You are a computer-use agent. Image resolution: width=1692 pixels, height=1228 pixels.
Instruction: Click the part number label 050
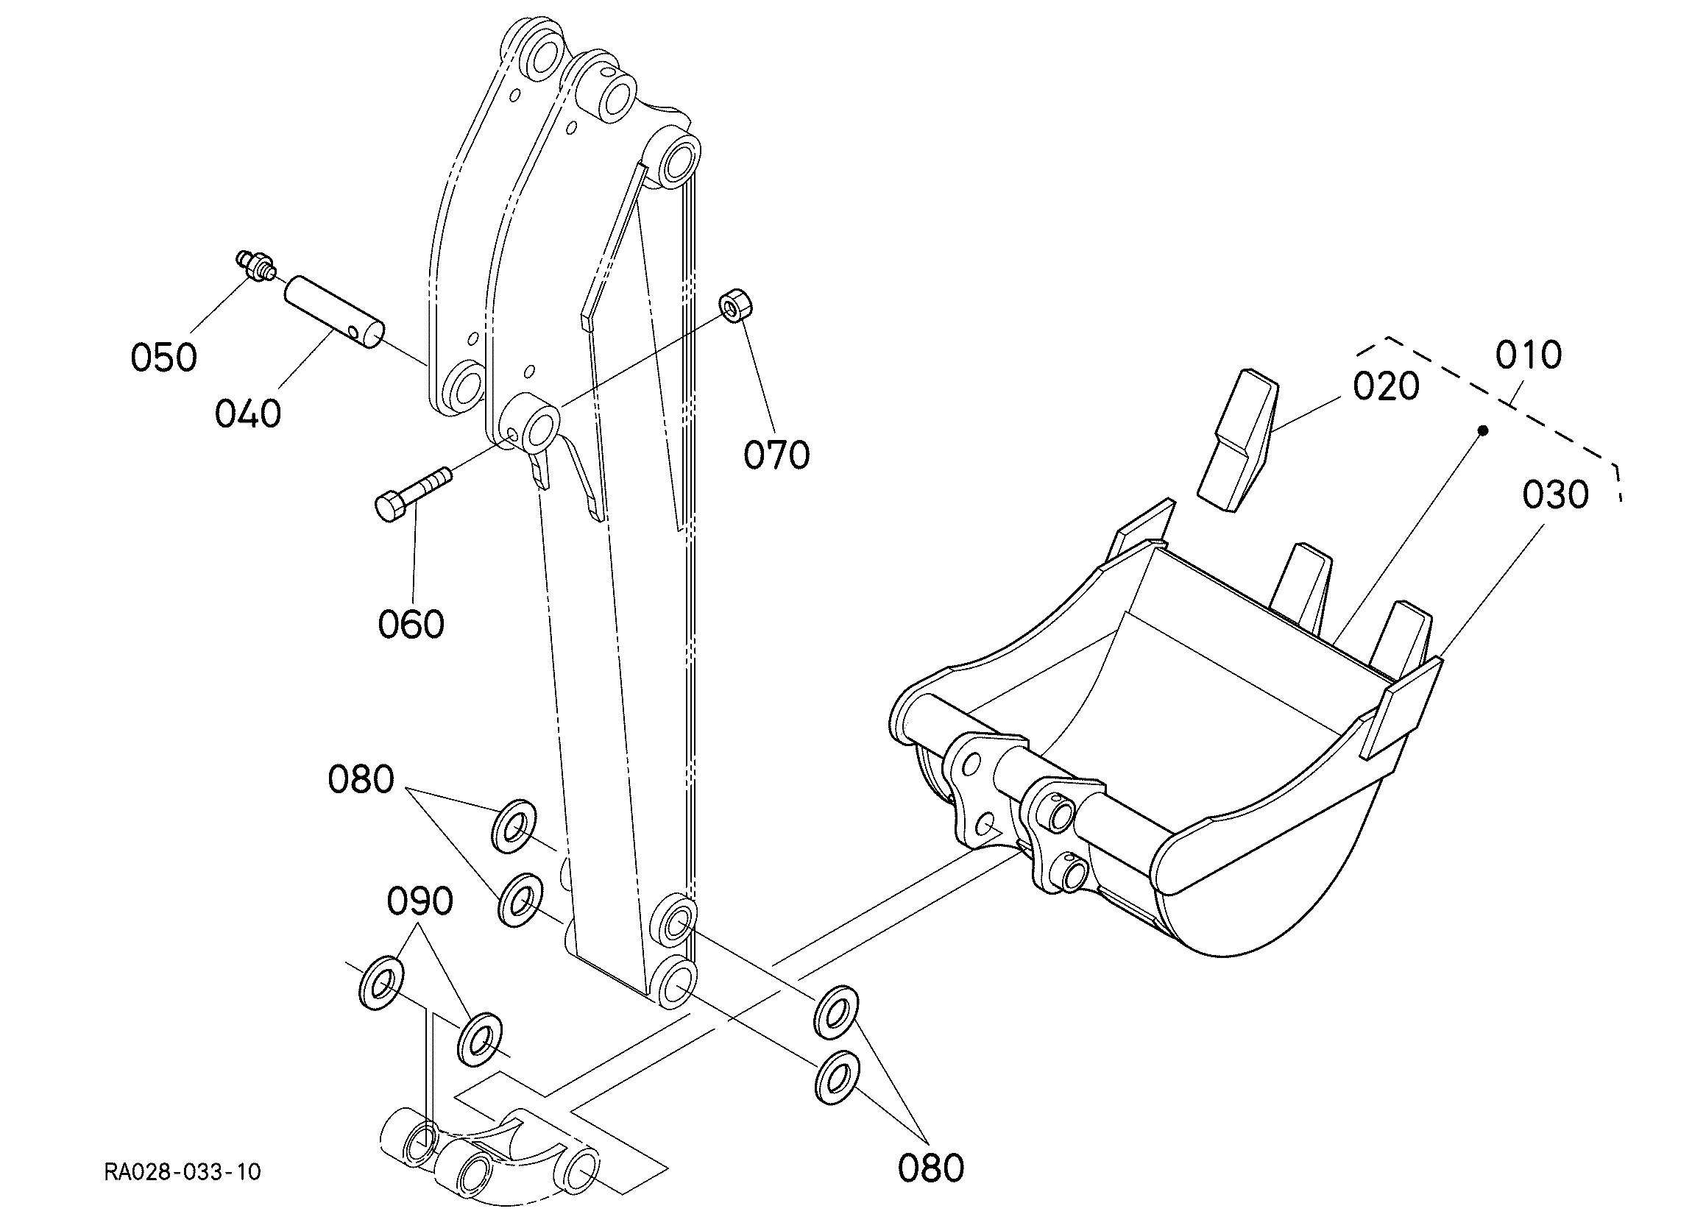point(164,358)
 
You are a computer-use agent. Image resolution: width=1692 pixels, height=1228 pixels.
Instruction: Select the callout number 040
point(248,414)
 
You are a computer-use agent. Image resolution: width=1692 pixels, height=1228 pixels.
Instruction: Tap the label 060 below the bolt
point(411,625)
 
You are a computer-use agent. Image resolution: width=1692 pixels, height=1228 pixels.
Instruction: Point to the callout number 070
point(776,455)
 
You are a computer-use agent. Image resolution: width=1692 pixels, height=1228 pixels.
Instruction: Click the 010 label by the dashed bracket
point(1529,355)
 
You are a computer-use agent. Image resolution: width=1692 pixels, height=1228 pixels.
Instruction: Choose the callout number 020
point(1386,387)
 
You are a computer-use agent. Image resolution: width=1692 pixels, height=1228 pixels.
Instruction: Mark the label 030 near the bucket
point(1555,495)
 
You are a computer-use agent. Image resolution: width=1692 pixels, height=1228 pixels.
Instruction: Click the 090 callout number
point(420,901)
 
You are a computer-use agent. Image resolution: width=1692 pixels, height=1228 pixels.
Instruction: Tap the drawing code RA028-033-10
point(183,1172)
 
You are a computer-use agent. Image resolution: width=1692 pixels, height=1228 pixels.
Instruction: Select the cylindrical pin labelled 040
point(333,313)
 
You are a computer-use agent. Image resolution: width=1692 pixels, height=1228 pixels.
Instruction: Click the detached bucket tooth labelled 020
point(1237,440)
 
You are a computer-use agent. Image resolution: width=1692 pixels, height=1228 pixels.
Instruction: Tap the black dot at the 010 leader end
point(1483,430)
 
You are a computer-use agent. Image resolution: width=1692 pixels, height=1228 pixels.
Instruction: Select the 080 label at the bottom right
point(930,1168)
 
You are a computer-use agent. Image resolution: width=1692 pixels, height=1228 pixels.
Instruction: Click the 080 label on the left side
point(361,781)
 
